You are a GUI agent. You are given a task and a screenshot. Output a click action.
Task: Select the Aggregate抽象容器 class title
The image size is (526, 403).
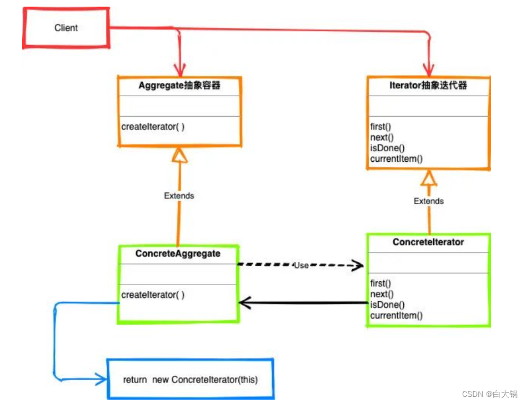tap(179, 86)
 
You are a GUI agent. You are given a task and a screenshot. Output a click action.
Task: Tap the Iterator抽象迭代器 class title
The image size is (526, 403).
tap(428, 86)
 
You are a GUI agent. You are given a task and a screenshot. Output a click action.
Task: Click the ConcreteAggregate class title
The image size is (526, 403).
tap(178, 254)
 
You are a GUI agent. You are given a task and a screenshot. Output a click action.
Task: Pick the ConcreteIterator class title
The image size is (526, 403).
tap(428, 242)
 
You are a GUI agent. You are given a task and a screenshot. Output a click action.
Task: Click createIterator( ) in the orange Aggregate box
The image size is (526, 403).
tap(153, 127)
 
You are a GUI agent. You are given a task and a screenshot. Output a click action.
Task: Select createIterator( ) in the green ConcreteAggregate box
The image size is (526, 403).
tap(153, 295)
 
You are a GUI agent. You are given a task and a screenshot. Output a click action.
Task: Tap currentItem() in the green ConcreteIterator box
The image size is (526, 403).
tap(397, 316)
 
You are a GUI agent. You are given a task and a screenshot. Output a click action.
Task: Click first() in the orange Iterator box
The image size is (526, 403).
tap(381, 127)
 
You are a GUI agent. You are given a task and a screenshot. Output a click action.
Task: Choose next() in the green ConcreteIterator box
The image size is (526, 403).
tap(382, 295)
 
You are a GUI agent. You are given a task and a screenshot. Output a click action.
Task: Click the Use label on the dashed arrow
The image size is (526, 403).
tap(301, 265)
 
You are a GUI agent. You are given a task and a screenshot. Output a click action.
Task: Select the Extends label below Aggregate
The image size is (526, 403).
tap(179, 196)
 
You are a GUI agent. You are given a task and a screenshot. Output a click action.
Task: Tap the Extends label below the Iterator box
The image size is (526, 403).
tap(428, 201)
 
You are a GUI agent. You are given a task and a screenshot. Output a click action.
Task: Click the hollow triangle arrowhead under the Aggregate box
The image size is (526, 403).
tap(179, 156)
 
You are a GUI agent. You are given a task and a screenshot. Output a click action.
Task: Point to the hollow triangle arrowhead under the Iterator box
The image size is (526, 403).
tap(428, 178)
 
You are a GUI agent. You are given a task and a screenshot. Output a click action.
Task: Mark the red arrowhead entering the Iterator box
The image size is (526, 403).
tap(428, 70)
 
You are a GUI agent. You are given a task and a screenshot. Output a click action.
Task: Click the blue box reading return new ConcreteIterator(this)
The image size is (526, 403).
tap(190, 380)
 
